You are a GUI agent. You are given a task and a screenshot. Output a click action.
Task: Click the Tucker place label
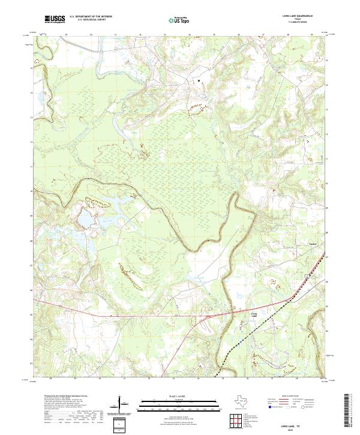tap(312, 244)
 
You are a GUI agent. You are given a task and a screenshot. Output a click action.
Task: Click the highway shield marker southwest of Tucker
tap(307, 274)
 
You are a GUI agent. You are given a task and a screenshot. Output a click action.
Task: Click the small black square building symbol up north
tap(199, 79)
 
